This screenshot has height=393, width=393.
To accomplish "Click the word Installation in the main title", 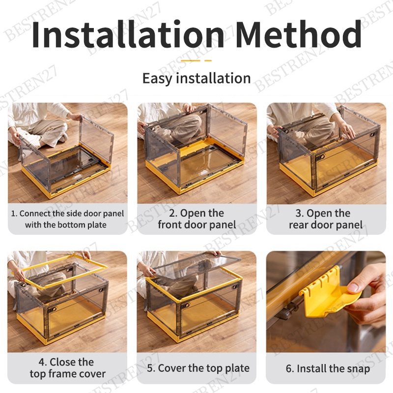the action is pos(128,34).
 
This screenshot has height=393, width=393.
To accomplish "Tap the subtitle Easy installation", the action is pos(196,78).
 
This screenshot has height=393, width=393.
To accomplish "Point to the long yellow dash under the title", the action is pos(191,60).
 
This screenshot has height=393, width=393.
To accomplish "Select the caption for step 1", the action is pos(67,219).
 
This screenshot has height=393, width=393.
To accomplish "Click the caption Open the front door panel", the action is pos(197,219).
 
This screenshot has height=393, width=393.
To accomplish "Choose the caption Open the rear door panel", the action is pos(326,219).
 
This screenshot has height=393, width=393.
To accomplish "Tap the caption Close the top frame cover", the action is pos(67,367).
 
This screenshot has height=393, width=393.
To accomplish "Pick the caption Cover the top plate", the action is pos(198,368).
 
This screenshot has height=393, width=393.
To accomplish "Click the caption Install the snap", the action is pos(328,368).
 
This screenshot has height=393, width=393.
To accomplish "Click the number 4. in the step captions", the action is pos(43,362).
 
